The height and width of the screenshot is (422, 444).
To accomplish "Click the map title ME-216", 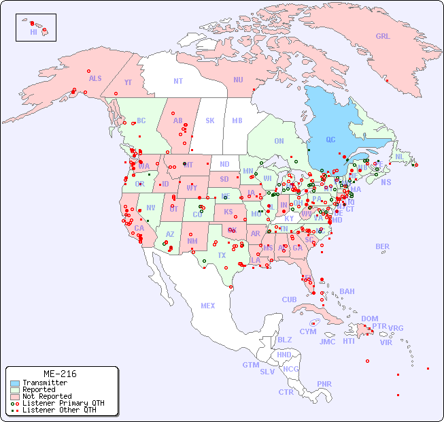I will point(60,374).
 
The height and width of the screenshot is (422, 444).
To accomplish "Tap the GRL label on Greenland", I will point(383,36).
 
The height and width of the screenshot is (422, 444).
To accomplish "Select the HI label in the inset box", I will point(33,32).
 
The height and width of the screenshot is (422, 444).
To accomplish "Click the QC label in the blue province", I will point(330,140).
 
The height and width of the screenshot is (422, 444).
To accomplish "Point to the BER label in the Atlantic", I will point(382,246).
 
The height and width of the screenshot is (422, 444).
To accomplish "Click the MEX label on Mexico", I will point(208,306).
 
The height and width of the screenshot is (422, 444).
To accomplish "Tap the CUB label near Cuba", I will point(289,299).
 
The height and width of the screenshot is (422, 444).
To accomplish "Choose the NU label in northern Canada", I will point(238,80).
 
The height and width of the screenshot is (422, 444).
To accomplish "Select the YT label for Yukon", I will point(128,82).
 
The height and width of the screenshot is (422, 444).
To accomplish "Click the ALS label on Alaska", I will point(95,78).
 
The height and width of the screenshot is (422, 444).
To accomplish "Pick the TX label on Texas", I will point(222,255).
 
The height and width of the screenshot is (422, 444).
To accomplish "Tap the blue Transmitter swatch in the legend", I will point(14,383).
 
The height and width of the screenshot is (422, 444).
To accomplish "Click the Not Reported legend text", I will point(47,396).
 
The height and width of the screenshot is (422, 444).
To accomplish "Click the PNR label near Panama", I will point(324,384).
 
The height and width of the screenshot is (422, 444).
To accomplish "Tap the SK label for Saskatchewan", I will point(210,120).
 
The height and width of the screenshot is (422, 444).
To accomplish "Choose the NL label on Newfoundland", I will point(399,157).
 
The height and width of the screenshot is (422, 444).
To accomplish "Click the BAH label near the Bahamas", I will point(347,291).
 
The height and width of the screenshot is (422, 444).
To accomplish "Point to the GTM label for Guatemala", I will point(250,365).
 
